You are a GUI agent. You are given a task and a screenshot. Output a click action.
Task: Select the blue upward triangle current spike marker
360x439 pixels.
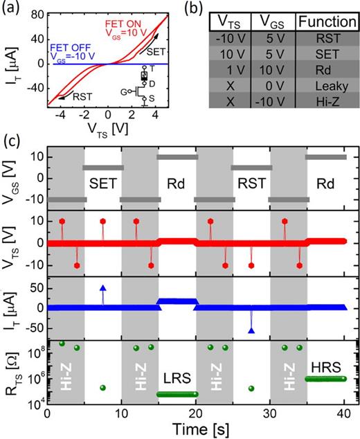[x=102, y=287]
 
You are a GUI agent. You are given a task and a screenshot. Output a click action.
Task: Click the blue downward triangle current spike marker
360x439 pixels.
[x=251, y=331]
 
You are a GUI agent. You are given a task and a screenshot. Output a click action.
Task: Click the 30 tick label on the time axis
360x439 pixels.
[x=271, y=415]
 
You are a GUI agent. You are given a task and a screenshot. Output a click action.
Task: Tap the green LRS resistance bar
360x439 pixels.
[x=176, y=395]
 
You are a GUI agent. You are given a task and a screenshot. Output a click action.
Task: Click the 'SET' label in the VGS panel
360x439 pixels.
[x=102, y=185]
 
